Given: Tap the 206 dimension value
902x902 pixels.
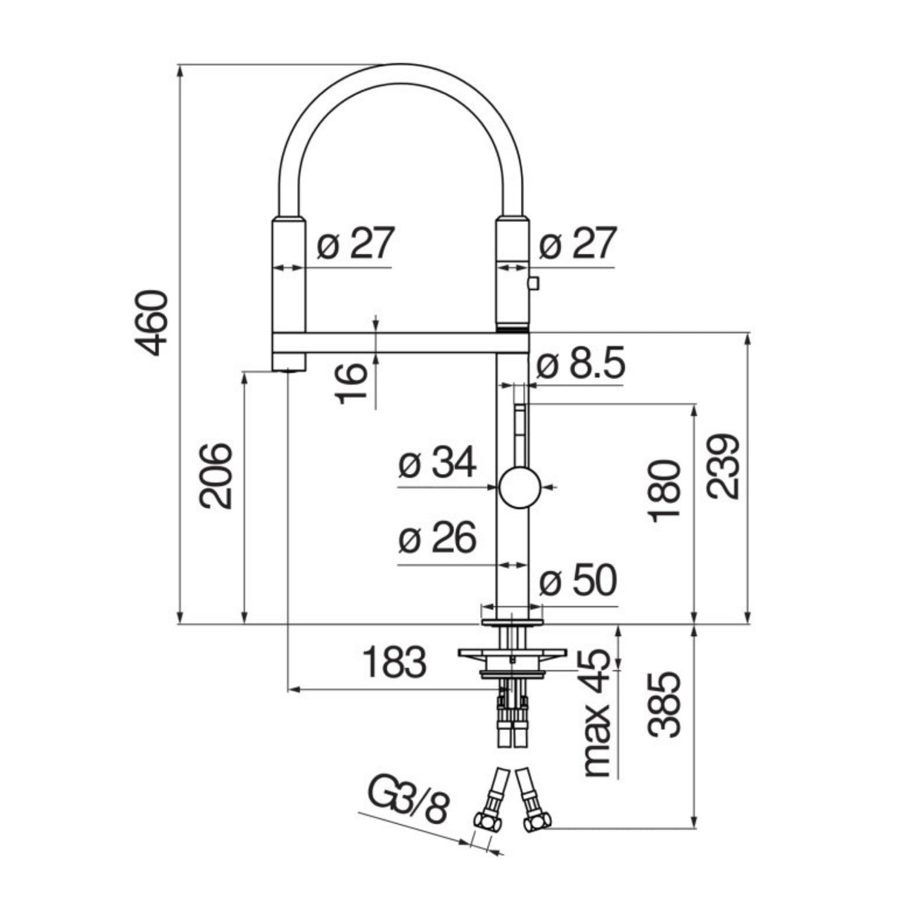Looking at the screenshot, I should click(x=216, y=476).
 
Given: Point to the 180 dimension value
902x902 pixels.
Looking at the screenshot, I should click(x=665, y=491).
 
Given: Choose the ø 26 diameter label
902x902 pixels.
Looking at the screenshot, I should click(x=437, y=539).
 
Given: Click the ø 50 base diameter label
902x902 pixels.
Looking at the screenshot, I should click(x=577, y=582).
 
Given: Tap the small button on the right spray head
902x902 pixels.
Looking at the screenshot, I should click(x=533, y=283).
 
